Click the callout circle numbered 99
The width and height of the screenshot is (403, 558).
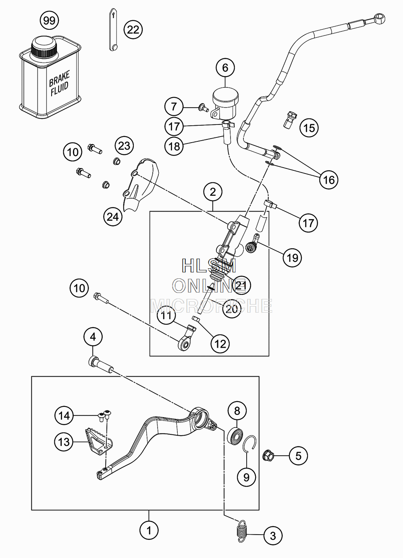(x=49, y=21)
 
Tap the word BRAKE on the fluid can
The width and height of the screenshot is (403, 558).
(x=59, y=78)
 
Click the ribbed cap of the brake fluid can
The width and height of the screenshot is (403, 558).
(x=44, y=47)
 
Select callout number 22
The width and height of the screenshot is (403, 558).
(x=133, y=30)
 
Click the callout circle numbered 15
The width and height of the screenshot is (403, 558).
(x=309, y=128)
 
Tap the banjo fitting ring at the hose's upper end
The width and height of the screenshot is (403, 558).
(x=378, y=18)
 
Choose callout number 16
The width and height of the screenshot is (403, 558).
(x=329, y=180)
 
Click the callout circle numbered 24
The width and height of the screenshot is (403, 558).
(x=113, y=217)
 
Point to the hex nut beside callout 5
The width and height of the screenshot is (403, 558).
(x=268, y=456)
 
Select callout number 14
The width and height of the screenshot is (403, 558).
(x=64, y=415)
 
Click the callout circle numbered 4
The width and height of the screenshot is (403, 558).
(x=93, y=337)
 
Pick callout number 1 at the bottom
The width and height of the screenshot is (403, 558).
(x=149, y=531)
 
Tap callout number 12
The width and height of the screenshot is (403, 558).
(x=220, y=344)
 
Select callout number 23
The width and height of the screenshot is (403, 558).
(x=124, y=146)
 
